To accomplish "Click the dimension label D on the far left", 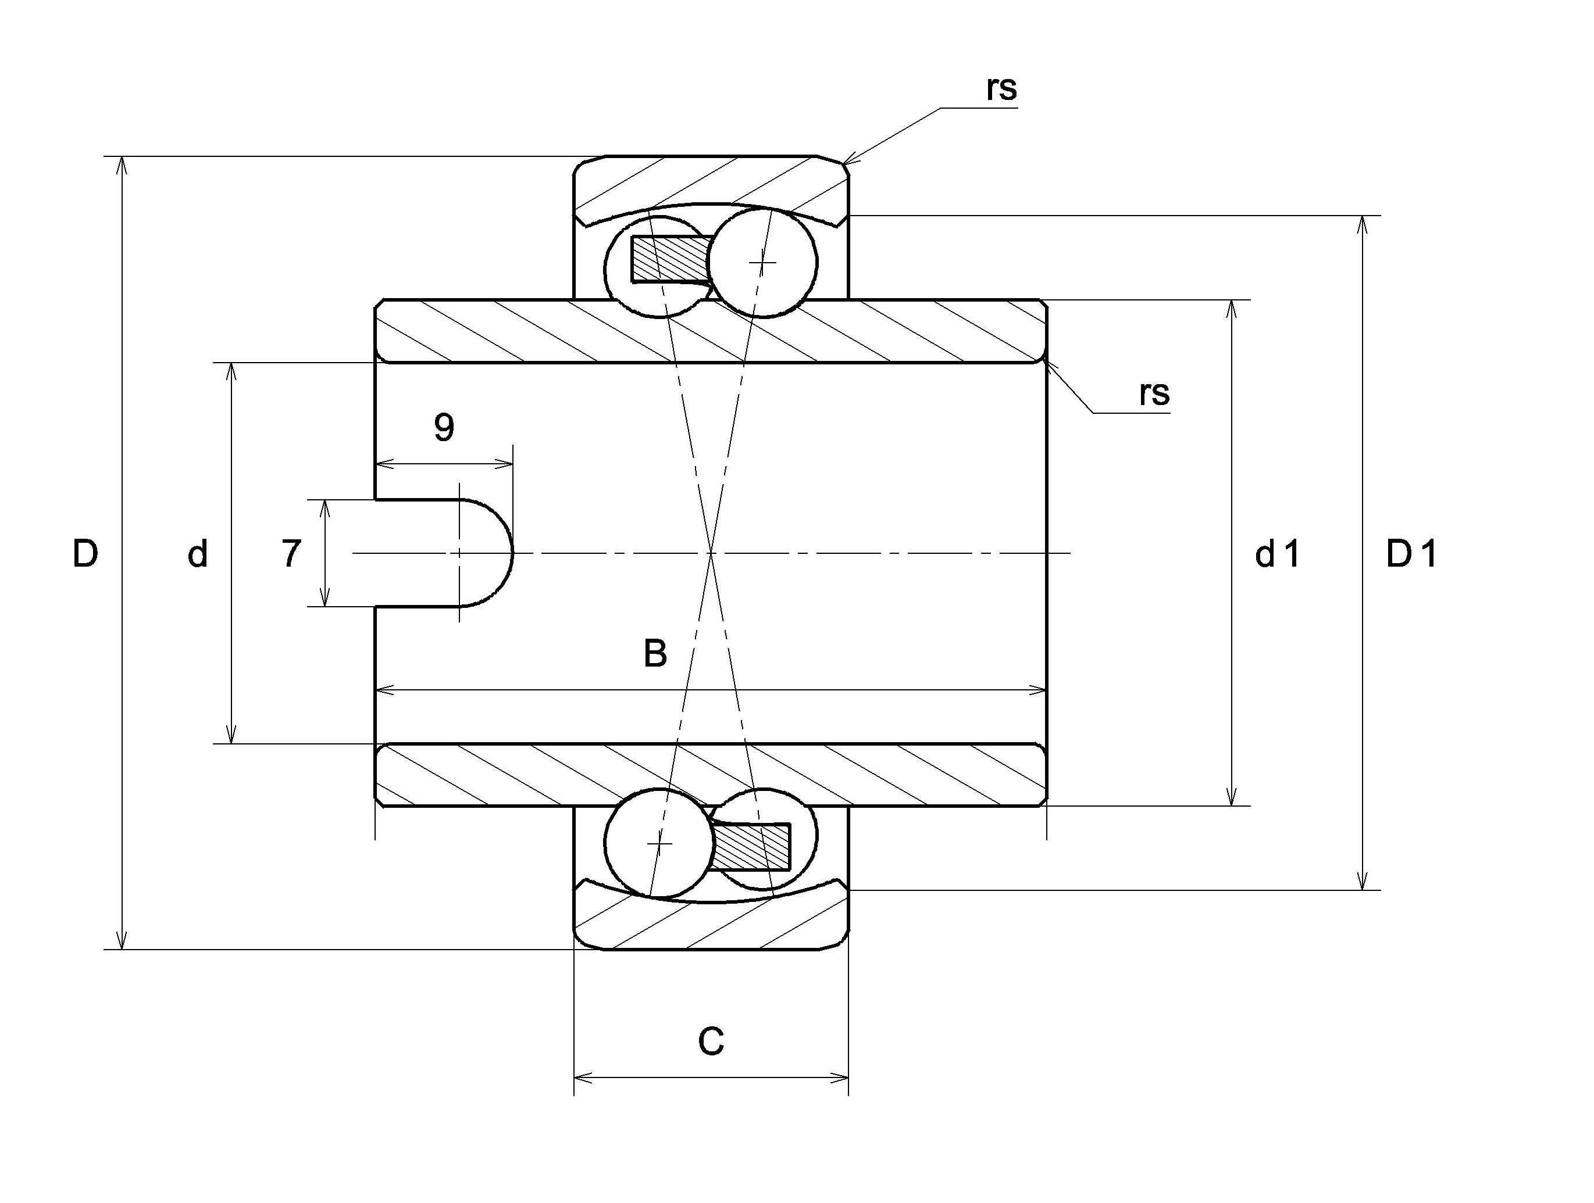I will click(85, 554).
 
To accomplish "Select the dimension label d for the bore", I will click(198, 554).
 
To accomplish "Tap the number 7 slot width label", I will click(290, 554).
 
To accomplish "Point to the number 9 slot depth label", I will click(444, 427).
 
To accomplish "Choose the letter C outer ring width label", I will click(711, 1041).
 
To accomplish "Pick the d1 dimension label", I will click(1278, 554).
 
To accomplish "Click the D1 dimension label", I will click(1411, 554).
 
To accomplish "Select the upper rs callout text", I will click(1001, 88).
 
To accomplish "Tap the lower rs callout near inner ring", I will click(1154, 393).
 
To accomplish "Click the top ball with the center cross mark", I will click(762, 262).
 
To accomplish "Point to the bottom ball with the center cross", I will click(659, 843).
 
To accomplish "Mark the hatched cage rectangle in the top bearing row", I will click(670, 259).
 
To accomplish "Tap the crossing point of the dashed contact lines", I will click(711, 553).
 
